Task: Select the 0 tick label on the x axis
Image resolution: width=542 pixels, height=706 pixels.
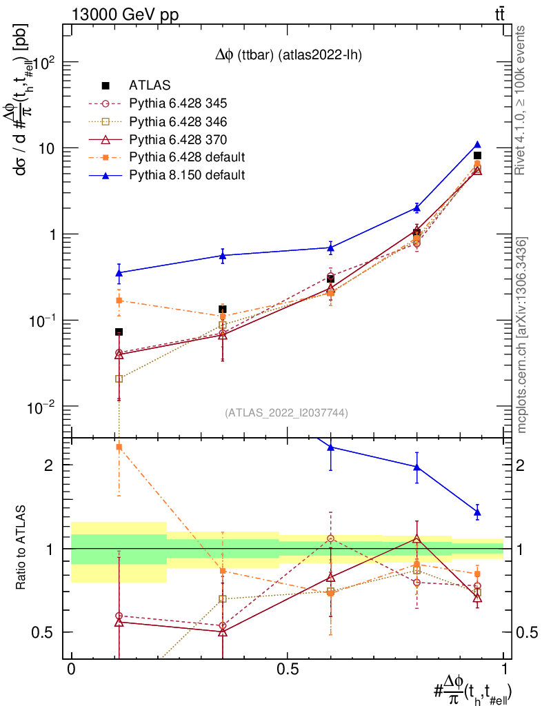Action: coord(71,669)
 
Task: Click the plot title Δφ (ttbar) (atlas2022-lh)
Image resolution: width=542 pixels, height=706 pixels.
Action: coord(285,56)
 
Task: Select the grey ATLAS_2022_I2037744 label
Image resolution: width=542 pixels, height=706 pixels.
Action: coord(286,413)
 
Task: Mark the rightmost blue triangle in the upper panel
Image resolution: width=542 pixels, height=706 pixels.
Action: coord(477,145)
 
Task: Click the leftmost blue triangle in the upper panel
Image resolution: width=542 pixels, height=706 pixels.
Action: coord(119,273)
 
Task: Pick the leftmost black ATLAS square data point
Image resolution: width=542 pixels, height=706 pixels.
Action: coord(119,332)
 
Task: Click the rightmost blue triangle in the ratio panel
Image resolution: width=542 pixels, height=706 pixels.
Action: coord(477,512)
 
